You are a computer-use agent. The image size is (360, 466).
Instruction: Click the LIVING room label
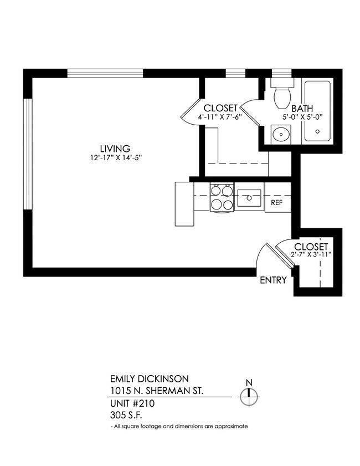point(115,148)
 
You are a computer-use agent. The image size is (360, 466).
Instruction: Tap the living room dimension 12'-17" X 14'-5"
point(115,157)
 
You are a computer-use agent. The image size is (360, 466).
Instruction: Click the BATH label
point(302,109)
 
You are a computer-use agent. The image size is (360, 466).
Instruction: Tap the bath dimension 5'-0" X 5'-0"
point(302,117)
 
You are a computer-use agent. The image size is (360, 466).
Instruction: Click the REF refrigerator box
point(277,202)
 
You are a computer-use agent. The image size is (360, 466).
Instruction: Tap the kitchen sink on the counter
point(250,197)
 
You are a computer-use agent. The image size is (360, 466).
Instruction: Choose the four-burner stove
point(222,198)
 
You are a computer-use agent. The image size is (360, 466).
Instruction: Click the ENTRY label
point(273,280)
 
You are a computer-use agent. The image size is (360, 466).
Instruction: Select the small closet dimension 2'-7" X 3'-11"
point(310,255)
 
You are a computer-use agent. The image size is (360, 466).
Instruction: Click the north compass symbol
point(249,394)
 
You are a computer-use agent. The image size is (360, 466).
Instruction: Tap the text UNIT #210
point(132,403)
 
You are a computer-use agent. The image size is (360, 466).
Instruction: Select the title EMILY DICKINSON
point(149,379)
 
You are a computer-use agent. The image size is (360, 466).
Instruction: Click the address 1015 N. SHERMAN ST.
point(157,391)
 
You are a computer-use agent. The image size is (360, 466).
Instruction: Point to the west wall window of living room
point(26,154)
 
